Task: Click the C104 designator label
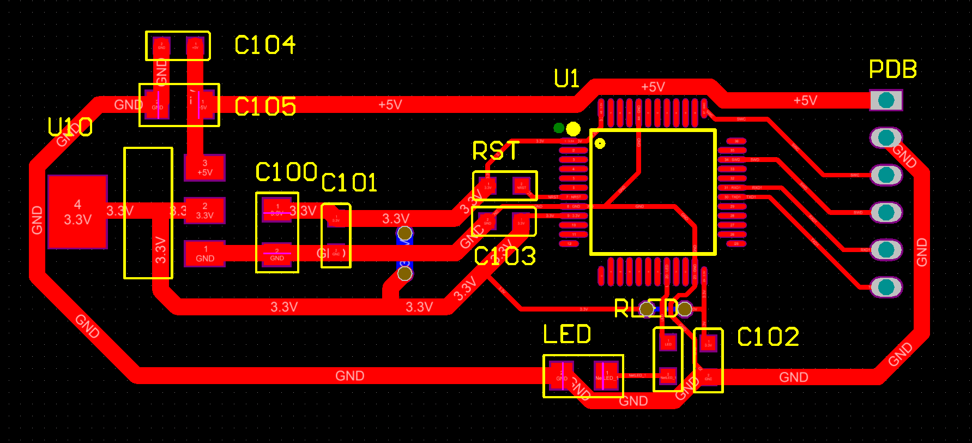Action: click(x=265, y=45)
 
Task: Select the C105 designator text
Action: click(x=265, y=106)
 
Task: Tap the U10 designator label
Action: click(x=70, y=128)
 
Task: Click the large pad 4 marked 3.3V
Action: click(x=77, y=212)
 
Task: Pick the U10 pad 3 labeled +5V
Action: click(x=204, y=167)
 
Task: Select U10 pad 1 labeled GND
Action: click(x=204, y=254)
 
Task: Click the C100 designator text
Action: click(x=286, y=172)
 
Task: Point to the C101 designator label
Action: click(x=349, y=183)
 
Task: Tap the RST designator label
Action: click(x=496, y=151)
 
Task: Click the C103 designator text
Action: click(x=505, y=256)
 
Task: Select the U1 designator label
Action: click(x=566, y=79)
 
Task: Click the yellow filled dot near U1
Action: click(x=573, y=129)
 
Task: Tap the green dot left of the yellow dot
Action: click(x=559, y=128)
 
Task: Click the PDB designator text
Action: click(x=892, y=69)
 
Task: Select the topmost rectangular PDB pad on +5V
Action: click(x=886, y=100)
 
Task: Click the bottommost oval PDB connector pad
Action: click(x=886, y=287)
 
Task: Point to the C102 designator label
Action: click(x=768, y=337)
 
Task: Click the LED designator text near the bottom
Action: click(x=567, y=334)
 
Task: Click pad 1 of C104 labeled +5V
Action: click(x=195, y=47)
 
